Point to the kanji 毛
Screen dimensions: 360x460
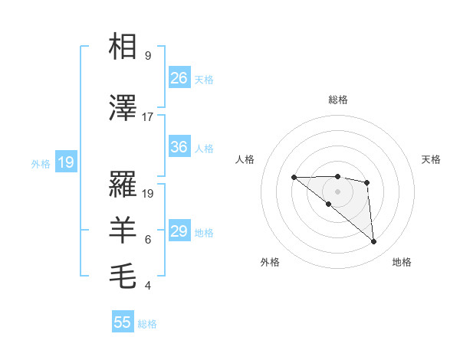[x=123, y=273]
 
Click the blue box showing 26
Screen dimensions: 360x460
[x=179, y=78]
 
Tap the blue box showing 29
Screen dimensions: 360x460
[x=179, y=231]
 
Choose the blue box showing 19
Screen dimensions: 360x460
[x=65, y=162]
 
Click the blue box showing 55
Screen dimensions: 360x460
[x=123, y=322]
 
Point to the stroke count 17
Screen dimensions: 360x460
[x=148, y=117]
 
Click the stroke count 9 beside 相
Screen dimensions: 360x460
[x=148, y=56]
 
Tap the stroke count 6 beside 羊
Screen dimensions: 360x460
[x=148, y=240]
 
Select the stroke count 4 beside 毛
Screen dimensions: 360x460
[x=148, y=286]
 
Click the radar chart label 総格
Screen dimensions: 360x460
[x=338, y=100]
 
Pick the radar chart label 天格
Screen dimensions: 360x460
[x=432, y=159]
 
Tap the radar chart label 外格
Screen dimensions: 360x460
[x=270, y=262]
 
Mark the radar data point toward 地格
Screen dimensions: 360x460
[x=374, y=242]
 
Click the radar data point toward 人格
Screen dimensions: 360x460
[x=294, y=178]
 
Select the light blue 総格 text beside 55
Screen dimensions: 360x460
[x=147, y=324]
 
